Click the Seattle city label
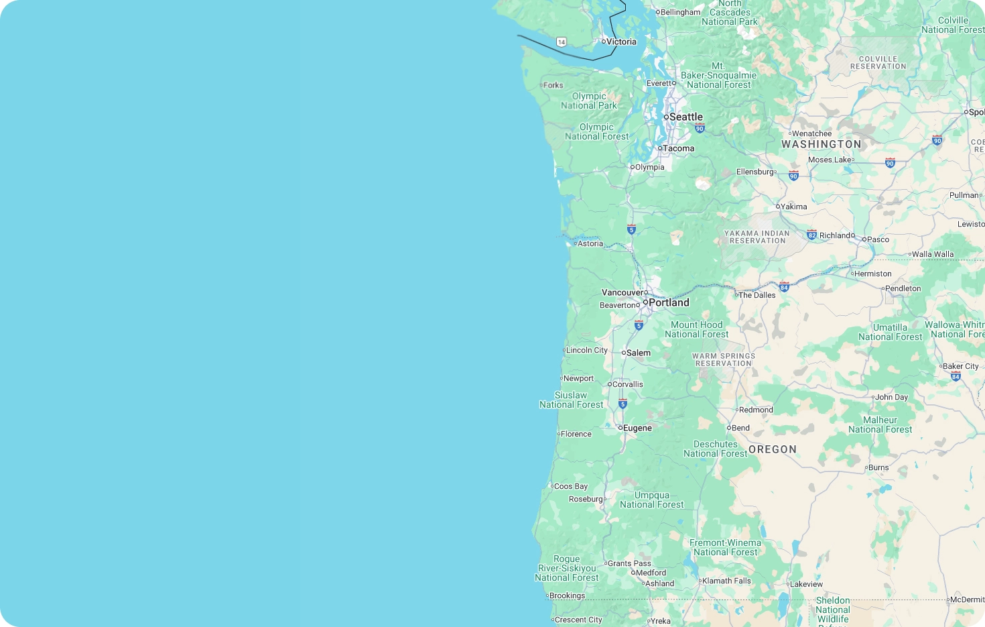click(685, 117)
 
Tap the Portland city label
click(669, 302)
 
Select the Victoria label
click(621, 42)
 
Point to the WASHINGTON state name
click(821, 144)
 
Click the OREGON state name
click(773, 449)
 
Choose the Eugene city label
click(637, 428)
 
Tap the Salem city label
click(638, 353)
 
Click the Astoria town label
click(590, 243)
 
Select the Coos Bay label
click(570, 486)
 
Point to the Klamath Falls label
click(726, 581)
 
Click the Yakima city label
click(793, 207)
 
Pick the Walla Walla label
click(933, 254)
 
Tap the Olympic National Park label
click(589, 101)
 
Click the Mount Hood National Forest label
click(697, 329)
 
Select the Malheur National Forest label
click(880, 424)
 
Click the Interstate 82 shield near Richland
click(812, 235)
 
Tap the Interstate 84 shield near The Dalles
click(784, 287)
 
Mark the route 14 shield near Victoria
click(562, 42)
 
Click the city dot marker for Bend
click(729, 428)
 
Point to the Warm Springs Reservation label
click(724, 359)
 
